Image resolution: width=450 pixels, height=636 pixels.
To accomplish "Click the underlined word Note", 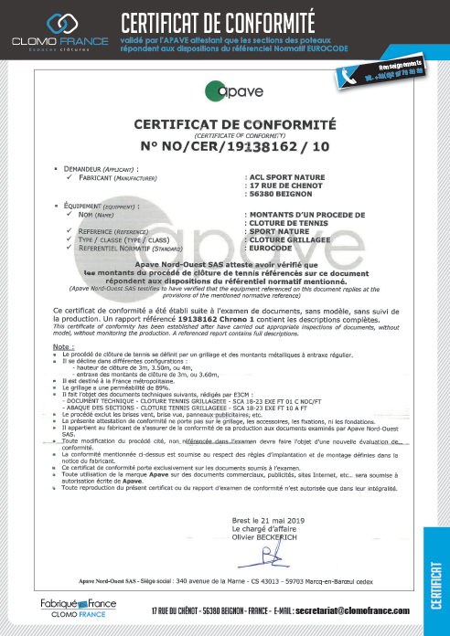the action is tap(63, 322).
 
